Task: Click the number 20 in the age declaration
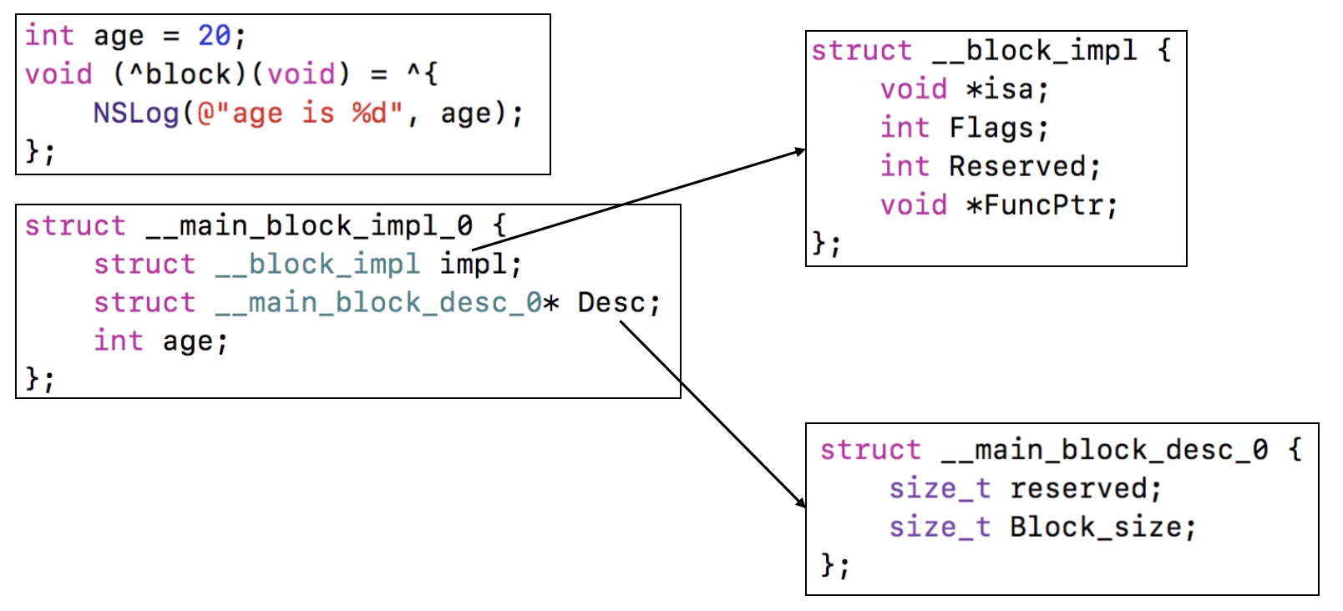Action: (x=214, y=36)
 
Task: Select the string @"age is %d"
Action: (x=300, y=113)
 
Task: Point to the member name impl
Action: (x=474, y=265)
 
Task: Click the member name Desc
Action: (x=611, y=303)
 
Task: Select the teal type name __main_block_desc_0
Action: (x=378, y=303)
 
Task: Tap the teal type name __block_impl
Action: (x=317, y=265)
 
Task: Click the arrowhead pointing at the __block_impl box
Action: (x=800, y=151)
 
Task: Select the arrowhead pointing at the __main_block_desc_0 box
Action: (x=801, y=502)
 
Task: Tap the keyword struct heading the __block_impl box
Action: (x=861, y=51)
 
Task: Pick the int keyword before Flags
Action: (x=904, y=128)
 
